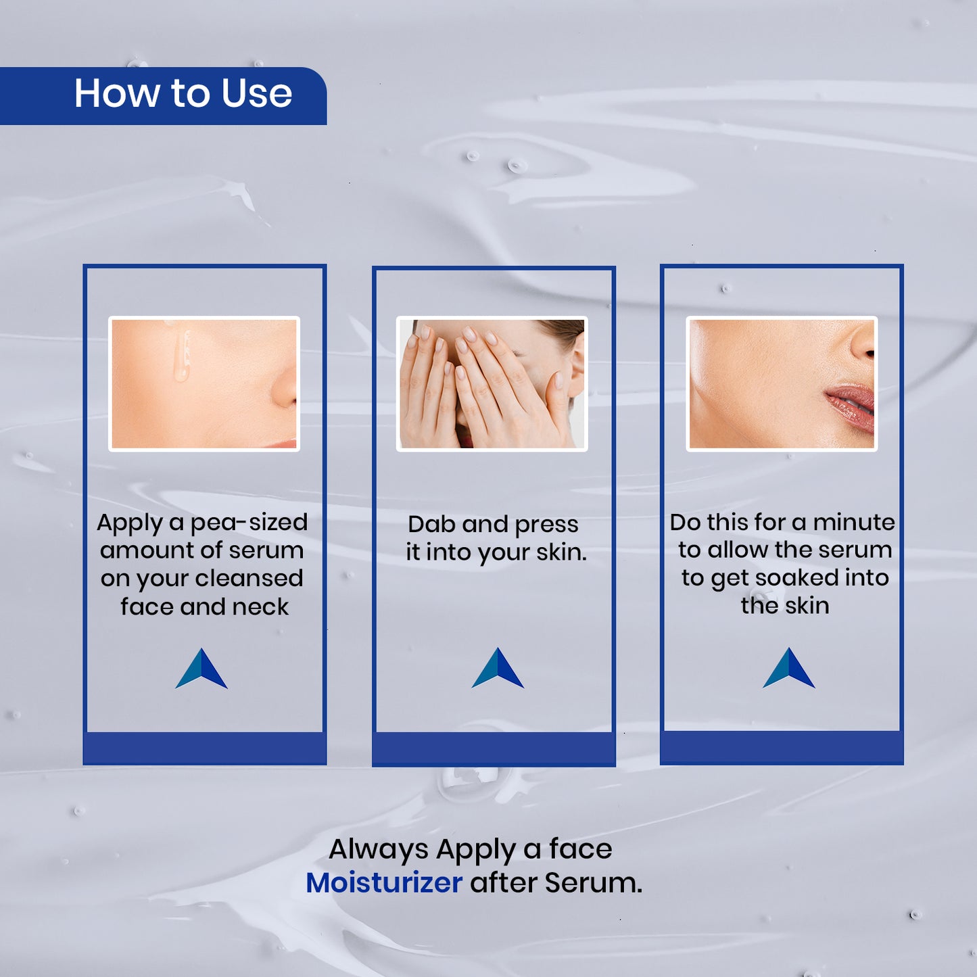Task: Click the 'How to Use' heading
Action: (x=183, y=94)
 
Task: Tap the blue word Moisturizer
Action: (x=384, y=883)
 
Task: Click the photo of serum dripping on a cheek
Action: (x=204, y=384)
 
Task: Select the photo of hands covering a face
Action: (x=492, y=384)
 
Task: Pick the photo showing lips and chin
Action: (x=782, y=384)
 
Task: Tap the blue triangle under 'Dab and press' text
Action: (x=498, y=667)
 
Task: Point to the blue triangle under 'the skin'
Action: (x=789, y=667)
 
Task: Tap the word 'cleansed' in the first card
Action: (x=249, y=579)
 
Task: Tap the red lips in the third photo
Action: (x=851, y=406)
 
